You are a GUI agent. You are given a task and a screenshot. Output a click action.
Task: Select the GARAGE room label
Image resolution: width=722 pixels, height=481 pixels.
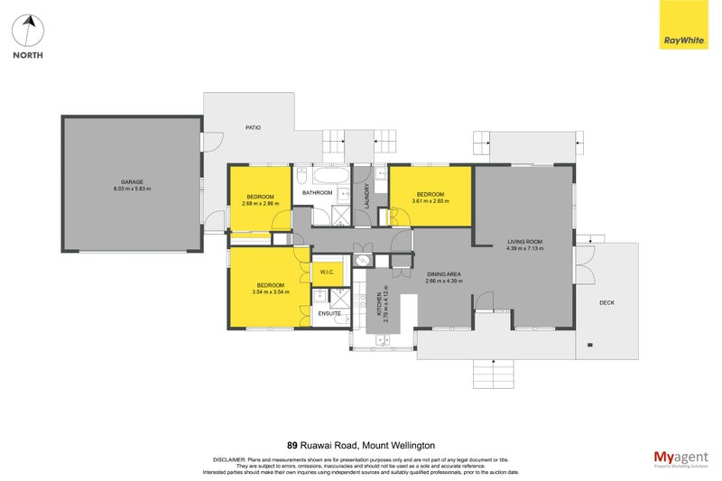(x=132, y=181)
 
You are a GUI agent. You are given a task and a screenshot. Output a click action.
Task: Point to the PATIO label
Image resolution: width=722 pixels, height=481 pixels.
(x=254, y=128)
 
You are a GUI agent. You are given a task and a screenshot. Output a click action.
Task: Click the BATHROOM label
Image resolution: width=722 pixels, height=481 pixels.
(x=318, y=193)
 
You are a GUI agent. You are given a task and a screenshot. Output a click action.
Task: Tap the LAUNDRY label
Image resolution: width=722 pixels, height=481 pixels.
(x=367, y=197)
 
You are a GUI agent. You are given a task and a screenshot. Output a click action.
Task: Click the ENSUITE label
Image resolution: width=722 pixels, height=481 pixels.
(x=329, y=313)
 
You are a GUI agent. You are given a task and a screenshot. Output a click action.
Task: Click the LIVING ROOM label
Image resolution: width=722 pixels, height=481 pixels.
(x=524, y=242)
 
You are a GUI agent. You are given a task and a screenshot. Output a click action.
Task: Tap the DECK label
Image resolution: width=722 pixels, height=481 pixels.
(x=606, y=302)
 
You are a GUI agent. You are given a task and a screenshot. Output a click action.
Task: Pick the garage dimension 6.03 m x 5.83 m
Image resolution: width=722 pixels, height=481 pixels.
(x=132, y=189)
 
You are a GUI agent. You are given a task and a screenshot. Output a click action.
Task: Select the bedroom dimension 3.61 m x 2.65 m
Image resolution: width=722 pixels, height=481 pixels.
(x=430, y=201)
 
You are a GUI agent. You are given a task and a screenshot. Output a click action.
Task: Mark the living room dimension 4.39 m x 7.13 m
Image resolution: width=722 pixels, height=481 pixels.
(x=524, y=249)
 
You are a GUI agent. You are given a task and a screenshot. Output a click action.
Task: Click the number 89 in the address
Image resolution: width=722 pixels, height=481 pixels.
(x=292, y=445)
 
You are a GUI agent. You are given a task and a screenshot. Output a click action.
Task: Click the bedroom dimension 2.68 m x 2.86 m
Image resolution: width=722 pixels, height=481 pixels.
(x=261, y=203)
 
